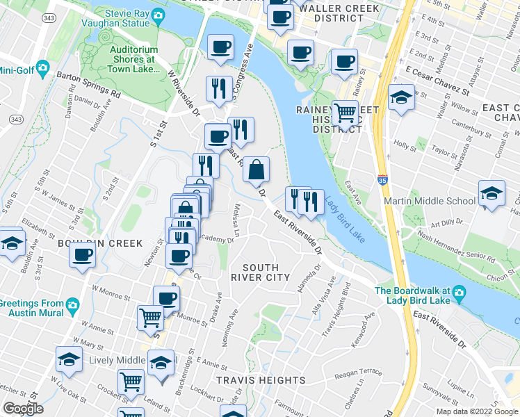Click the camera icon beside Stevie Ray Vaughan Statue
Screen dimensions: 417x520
coord(158,15)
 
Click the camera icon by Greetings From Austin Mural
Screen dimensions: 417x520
coord(72,304)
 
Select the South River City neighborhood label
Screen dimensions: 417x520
coord(260,272)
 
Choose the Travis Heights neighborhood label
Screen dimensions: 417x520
coord(260,380)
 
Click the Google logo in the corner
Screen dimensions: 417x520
coord(23,409)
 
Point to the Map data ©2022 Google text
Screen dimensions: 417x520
coord(476,411)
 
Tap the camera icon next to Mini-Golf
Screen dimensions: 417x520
coord(42,67)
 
